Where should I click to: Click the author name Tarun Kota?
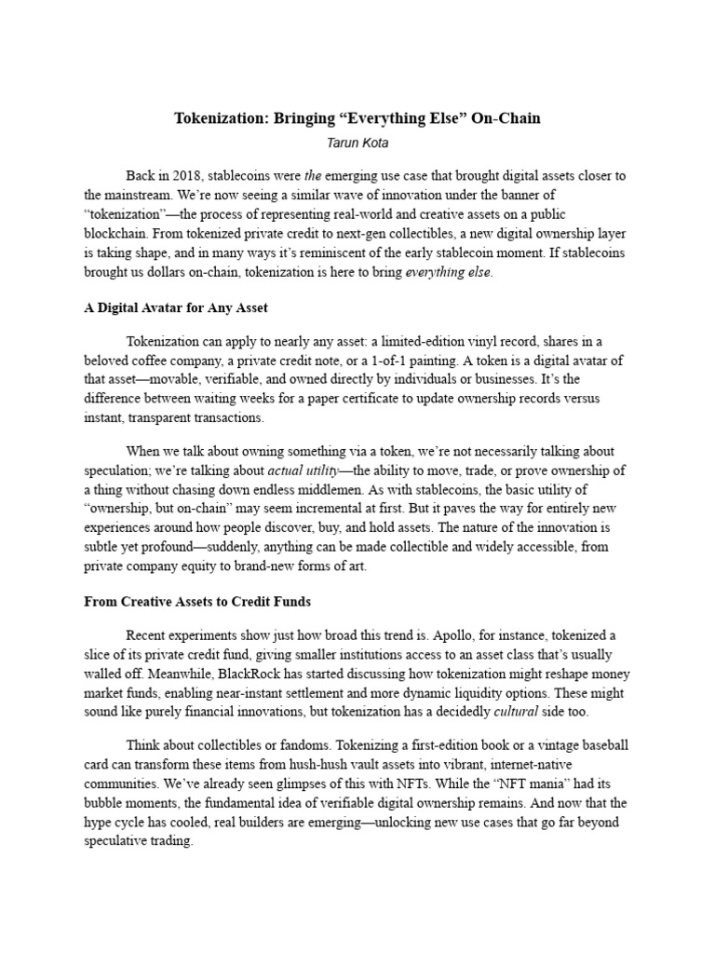[357, 143]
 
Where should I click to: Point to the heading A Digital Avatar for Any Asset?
[176, 307]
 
